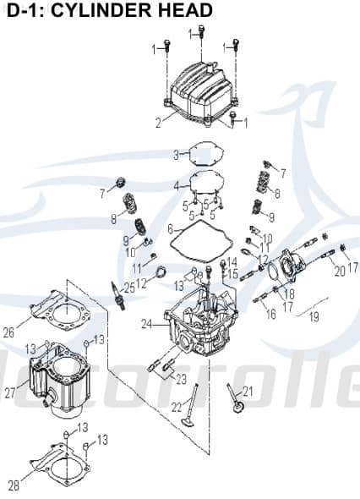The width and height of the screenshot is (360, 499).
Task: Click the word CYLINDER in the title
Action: click(107, 11)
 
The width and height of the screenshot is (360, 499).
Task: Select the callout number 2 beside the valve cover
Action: click(158, 123)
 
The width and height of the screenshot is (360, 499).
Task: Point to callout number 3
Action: click(176, 155)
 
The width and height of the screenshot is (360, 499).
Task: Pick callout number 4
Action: click(176, 184)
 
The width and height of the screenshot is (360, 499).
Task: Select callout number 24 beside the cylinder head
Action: click(146, 323)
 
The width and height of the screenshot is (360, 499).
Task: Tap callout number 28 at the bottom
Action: click(13, 485)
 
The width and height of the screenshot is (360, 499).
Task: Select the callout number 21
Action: click(248, 391)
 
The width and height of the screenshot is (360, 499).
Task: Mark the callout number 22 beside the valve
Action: click(177, 408)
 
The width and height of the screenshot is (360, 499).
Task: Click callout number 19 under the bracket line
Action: click(314, 317)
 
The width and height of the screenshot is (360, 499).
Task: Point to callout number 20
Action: click(339, 271)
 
